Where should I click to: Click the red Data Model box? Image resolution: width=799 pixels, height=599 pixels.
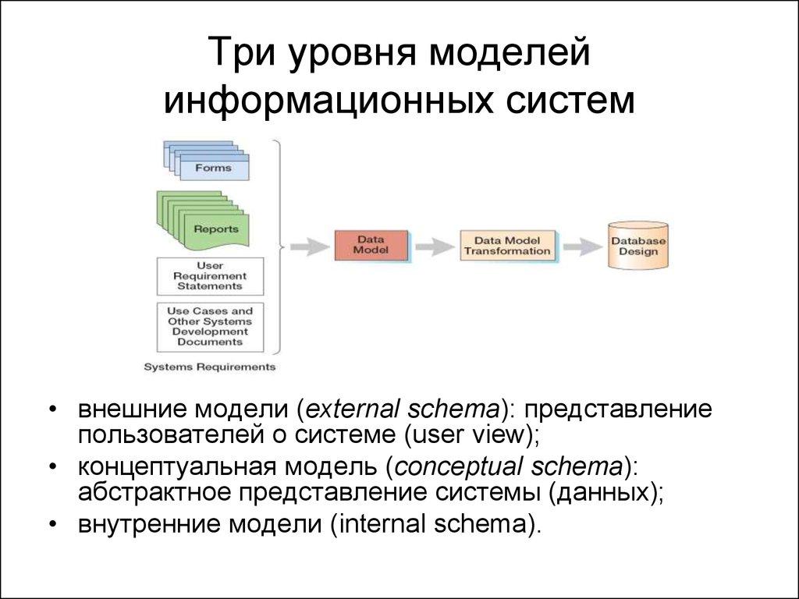[371, 246]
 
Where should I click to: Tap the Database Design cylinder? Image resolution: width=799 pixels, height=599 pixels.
[637, 246]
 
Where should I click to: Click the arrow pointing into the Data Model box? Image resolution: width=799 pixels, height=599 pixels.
[310, 246]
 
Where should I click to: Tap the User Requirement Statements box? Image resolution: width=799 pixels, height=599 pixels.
[210, 276]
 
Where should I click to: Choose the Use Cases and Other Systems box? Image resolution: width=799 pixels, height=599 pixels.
[210, 326]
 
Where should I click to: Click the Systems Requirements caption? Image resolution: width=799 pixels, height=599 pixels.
[210, 367]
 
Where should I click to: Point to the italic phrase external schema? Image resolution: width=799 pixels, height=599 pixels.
[403, 409]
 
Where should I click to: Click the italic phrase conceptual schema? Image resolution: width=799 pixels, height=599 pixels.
[507, 467]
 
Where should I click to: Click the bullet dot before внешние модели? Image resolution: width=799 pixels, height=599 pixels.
[51, 410]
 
